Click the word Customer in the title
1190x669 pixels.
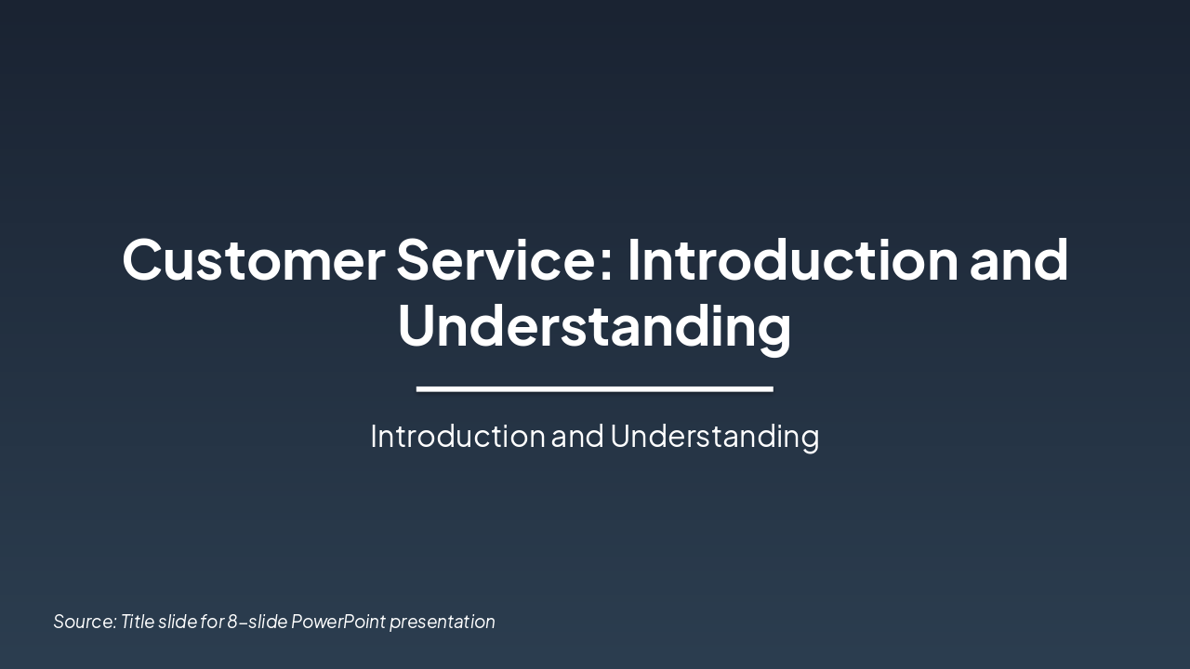[253, 260]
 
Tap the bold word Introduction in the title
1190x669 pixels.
[792, 260]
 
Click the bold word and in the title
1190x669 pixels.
[1019, 260]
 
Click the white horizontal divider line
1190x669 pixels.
[594, 388]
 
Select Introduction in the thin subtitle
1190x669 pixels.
[457, 436]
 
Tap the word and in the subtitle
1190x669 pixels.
[577, 436]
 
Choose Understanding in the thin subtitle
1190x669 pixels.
[714, 436]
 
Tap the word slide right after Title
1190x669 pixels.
[178, 622]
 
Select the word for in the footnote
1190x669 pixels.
[212, 622]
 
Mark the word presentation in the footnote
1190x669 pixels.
[443, 622]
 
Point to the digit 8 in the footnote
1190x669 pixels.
[232, 622]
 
